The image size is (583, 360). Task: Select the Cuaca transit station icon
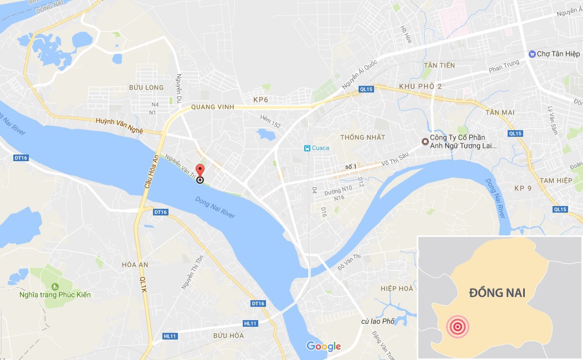coord(306,148)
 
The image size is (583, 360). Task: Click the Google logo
coord(324,346)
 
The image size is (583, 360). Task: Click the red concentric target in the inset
coord(458,327)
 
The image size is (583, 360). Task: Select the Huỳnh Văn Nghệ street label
coord(119,125)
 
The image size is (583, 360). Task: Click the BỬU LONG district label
coord(146,88)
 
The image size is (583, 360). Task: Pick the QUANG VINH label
coord(212,107)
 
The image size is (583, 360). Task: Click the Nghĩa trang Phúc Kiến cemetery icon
coord(54,286)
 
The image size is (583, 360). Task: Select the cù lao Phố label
coord(377,321)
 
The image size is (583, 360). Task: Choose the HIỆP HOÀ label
coord(397,289)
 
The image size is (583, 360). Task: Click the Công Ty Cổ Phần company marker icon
coord(425,142)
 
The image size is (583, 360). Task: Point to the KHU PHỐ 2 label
coord(421,86)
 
